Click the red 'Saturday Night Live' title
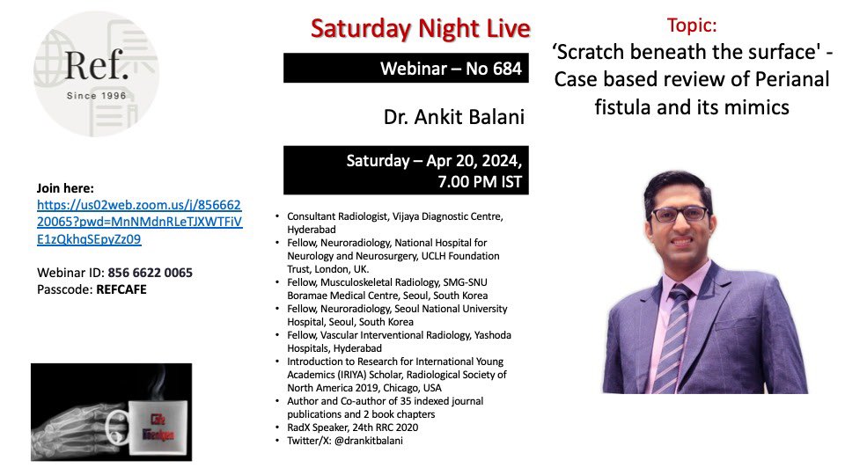click(420, 28)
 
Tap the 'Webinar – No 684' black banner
click(406, 68)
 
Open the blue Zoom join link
click(139, 221)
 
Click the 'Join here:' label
click(66, 188)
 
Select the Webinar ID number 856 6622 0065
click(150, 273)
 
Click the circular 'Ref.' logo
click(96, 74)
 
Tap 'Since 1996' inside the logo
click(96, 94)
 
